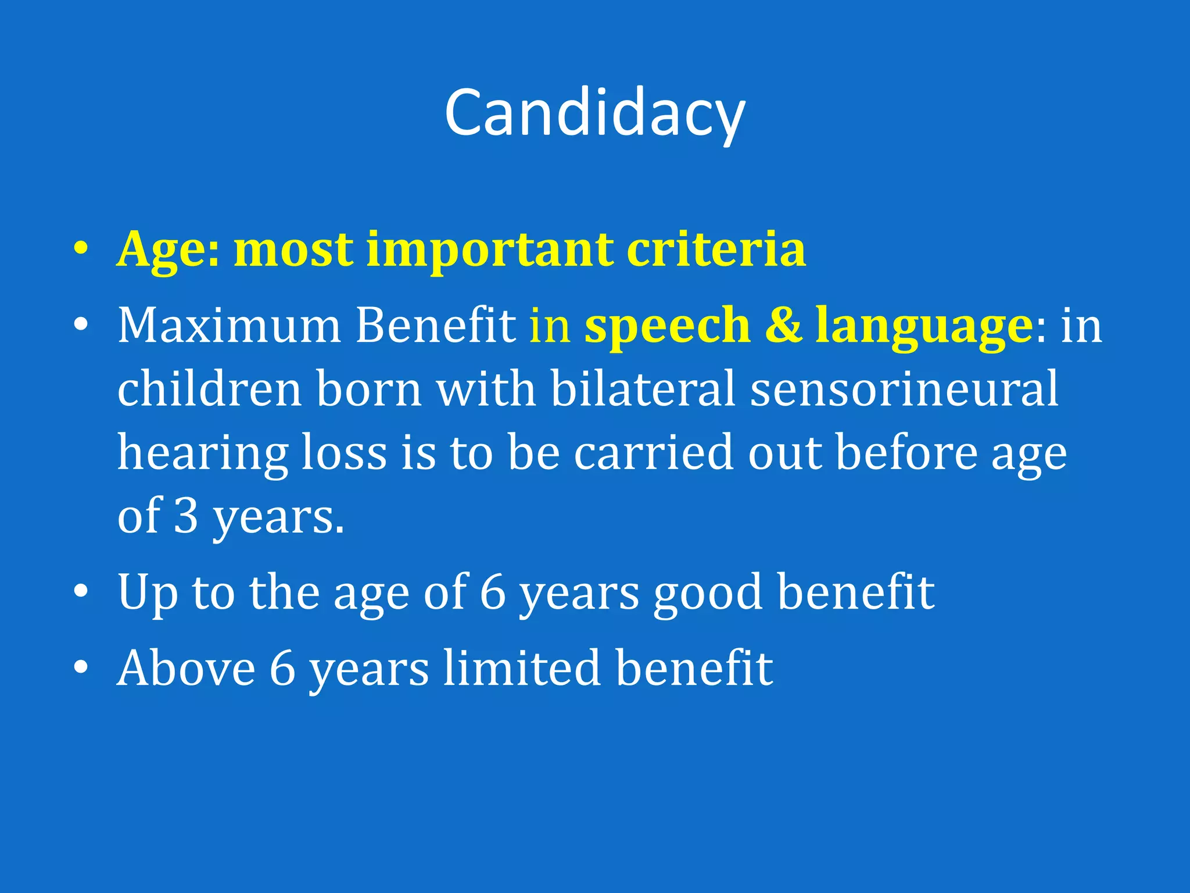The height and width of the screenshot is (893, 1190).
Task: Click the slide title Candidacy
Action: [594, 113]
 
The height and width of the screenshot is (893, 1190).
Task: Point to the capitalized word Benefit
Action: [435, 326]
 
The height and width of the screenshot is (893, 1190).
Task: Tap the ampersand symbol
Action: [783, 326]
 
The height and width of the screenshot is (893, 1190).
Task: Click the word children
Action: [210, 389]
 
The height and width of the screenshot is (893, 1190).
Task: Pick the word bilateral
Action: [643, 389]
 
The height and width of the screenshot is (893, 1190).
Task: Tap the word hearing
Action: [203, 454]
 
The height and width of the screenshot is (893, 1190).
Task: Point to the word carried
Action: [654, 453]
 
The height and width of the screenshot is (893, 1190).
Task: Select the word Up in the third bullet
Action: [148, 593]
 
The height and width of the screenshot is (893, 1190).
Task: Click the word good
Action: [707, 593]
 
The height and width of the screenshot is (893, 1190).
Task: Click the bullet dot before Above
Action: [81, 668]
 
